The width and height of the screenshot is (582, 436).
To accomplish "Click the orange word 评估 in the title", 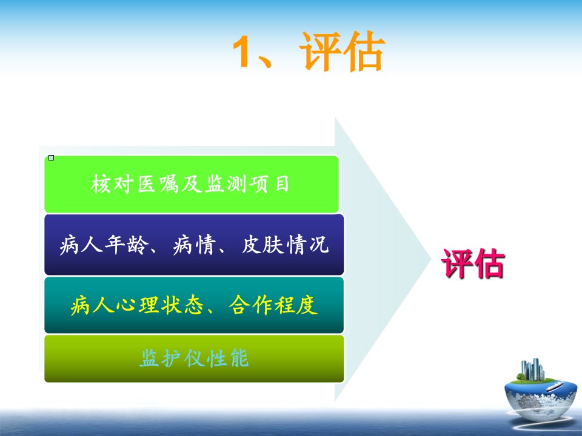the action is [x=342, y=51].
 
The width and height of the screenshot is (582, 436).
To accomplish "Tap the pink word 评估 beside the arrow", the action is [x=472, y=263].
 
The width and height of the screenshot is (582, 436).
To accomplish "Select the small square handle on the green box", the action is [x=51, y=157].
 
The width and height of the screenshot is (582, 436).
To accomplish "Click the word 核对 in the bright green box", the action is [x=112, y=184].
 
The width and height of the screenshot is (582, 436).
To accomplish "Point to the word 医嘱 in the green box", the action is [x=158, y=184].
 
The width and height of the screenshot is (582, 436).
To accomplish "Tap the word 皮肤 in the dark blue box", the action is [x=263, y=245].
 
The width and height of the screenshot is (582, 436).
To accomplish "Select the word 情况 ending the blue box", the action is [x=308, y=245].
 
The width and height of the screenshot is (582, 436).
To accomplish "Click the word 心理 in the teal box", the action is [x=138, y=305].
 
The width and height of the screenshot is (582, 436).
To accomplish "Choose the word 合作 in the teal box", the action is [x=250, y=305].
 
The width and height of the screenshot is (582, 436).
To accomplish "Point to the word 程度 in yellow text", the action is [x=296, y=305].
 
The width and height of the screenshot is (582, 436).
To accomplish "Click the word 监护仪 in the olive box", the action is [x=172, y=358].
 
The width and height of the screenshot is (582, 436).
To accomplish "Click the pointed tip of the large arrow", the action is [x=430, y=260].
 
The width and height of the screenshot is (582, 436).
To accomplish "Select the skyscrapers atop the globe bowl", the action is [x=533, y=369].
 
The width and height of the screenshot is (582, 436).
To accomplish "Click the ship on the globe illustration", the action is [x=555, y=386].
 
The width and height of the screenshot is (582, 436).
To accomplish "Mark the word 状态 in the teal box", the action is [x=182, y=305].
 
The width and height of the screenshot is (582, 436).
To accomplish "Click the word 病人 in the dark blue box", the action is [x=81, y=245].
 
